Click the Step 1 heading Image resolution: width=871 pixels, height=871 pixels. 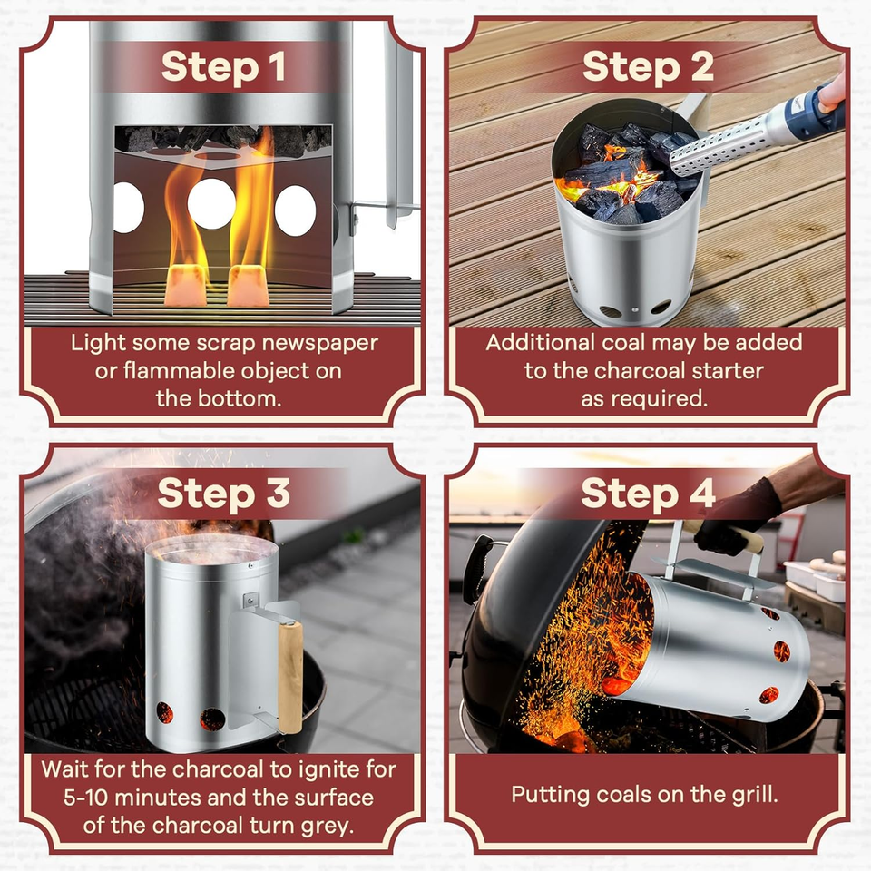(223, 67)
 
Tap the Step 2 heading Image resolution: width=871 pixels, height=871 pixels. (647, 67)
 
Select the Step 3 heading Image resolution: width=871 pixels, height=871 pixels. (223, 494)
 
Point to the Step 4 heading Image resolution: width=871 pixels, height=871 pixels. (647, 494)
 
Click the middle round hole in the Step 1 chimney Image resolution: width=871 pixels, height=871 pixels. (211, 204)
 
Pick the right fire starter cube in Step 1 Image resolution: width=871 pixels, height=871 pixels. (249, 285)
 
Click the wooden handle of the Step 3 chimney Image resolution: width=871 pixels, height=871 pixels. (290, 676)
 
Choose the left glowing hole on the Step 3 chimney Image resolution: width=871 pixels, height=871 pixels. (165, 713)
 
